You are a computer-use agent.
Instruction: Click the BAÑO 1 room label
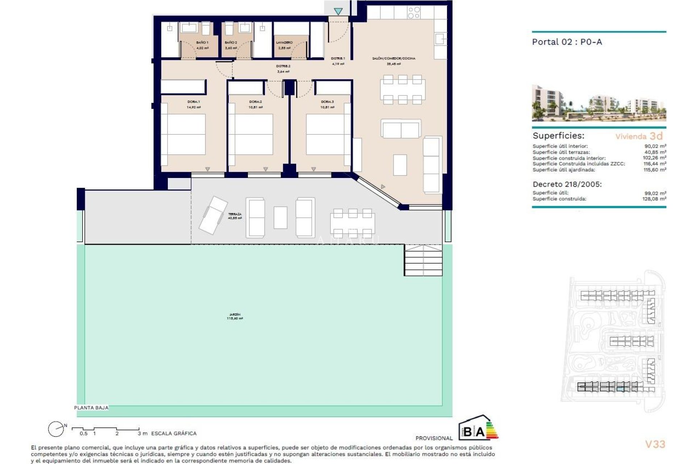[x=202, y=43]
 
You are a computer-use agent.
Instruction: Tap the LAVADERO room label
[x=284, y=43]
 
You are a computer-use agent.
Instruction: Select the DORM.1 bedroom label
[x=194, y=102]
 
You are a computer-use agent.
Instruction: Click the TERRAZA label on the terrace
[x=235, y=215]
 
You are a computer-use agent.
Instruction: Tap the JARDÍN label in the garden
[x=235, y=315]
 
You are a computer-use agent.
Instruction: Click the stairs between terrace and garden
[x=423, y=260]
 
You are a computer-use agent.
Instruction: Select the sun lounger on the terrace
[x=213, y=215]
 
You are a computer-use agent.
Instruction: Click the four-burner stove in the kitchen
[x=414, y=13]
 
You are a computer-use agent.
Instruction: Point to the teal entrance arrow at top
[x=338, y=12]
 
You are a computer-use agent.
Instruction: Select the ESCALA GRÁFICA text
[x=174, y=433]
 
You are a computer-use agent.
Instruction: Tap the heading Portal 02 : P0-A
[x=567, y=42]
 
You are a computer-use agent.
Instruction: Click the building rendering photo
[x=599, y=103]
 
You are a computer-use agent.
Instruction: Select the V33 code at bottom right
[x=655, y=444]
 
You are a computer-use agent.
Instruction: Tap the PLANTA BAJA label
[x=91, y=408]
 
